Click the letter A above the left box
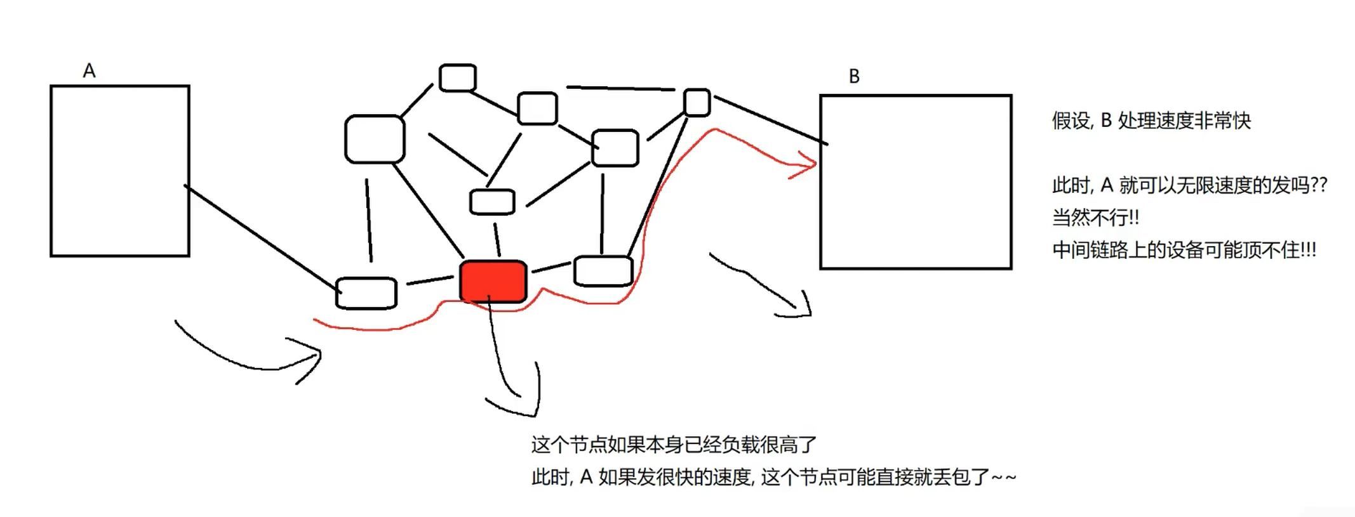pos(89,70)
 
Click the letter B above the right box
pos(854,77)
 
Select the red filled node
pos(493,281)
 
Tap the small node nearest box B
pos(697,102)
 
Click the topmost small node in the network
pos(458,77)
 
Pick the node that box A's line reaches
pos(366,293)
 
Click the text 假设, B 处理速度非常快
pos(1151,121)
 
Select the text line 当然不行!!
pos(1095,218)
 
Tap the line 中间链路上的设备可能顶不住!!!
pos(1184,250)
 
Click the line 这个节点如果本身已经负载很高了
pos(673,445)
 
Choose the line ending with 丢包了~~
pos(773,477)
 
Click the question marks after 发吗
pos(1318,185)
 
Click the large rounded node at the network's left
pos(375,139)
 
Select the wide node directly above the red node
pos(492,202)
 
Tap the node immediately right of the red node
pos(603,271)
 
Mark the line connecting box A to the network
pos(260,238)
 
